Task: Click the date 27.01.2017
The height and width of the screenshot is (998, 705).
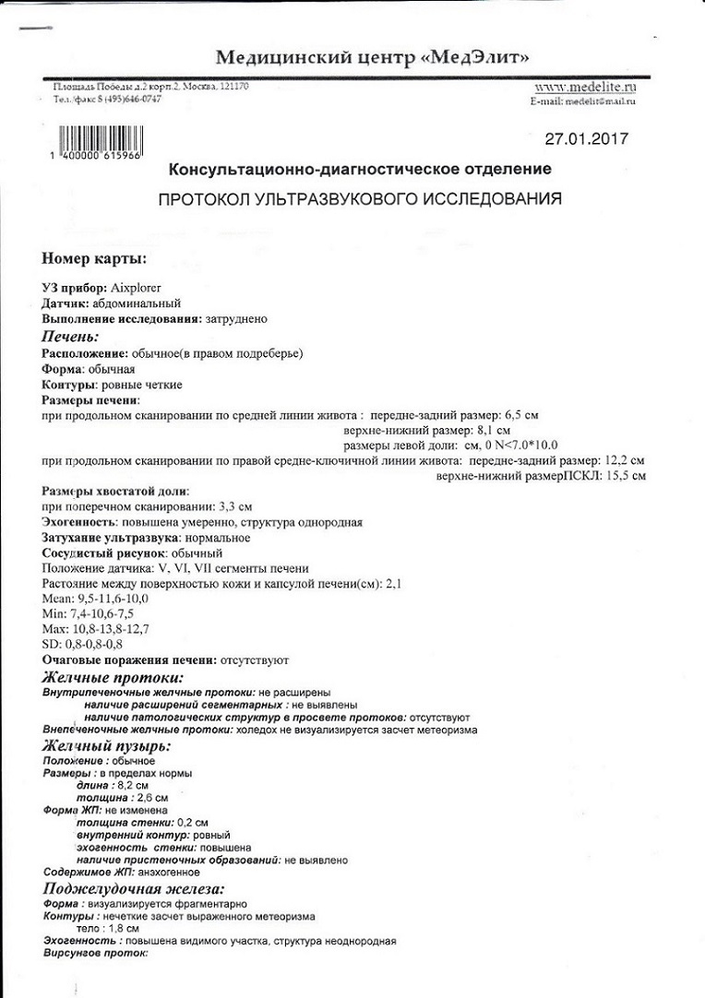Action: click(x=586, y=139)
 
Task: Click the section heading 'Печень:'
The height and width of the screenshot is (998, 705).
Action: click(x=70, y=337)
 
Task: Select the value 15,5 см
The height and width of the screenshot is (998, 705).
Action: click(x=626, y=475)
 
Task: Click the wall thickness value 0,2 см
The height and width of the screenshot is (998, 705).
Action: click(x=192, y=821)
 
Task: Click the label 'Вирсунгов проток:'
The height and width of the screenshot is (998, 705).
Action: click(x=95, y=955)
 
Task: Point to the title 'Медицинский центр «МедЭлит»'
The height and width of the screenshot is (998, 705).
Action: click(x=373, y=58)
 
